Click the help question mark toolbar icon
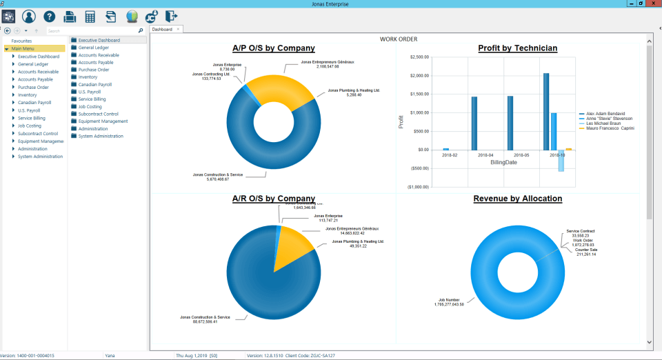[50, 17]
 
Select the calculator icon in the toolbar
[90, 17]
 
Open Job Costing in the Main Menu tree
[30, 126]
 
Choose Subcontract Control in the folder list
[98, 114]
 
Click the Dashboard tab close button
[178, 30]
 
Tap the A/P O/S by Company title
[273, 48]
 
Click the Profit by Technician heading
[517, 48]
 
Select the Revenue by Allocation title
[517, 199]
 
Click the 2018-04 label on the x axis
[485, 156]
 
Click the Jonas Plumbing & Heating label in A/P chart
[354, 90]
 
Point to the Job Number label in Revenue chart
[450, 300]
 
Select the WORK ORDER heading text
[398, 39]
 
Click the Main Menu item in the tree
[23, 49]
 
